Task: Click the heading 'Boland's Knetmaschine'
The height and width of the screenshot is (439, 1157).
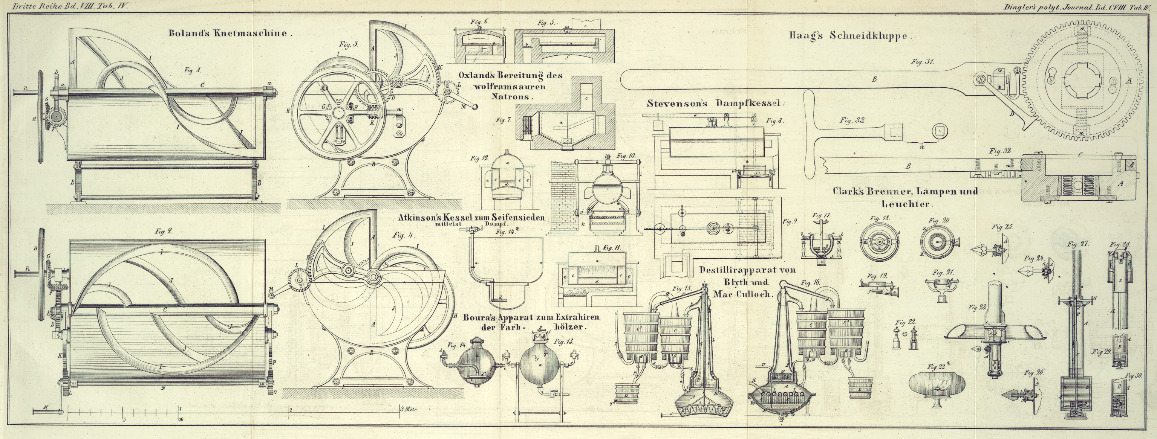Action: pos(230,33)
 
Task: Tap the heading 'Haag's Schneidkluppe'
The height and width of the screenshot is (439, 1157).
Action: pos(850,36)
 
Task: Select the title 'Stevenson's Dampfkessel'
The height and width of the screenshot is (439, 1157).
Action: pos(715,104)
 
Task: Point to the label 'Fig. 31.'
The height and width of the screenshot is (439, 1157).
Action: pos(923,62)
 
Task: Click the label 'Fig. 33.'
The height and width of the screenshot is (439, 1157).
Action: pos(852,120)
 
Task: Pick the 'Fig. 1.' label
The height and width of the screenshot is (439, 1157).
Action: pos(192,70)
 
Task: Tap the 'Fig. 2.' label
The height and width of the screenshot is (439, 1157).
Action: pos(164,232)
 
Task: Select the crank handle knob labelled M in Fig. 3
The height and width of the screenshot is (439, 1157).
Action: pos(474,107)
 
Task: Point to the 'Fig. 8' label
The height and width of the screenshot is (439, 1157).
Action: pos(774,120)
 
